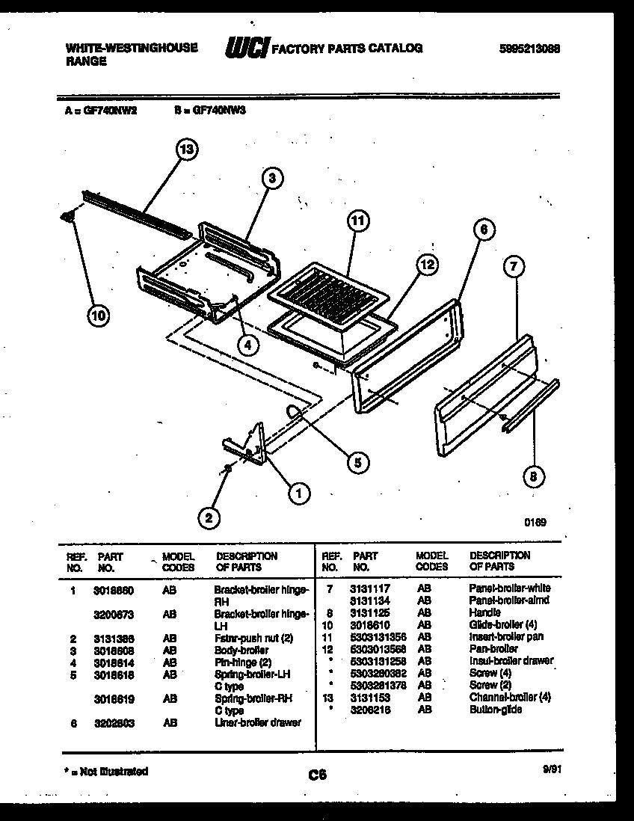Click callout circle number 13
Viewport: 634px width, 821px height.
(186, 149)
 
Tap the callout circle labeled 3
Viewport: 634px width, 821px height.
(272, 178)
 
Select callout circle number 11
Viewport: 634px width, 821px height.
(359, 221)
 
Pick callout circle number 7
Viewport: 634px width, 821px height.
(514, 265)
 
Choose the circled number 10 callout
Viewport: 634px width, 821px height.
(98, 316)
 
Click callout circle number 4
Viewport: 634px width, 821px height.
(249, 345)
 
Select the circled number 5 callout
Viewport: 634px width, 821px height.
(357, 463)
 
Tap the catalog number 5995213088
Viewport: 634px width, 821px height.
(529, 49)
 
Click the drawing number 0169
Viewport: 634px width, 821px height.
(535, 523)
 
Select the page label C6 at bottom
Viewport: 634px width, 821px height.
(317, 775)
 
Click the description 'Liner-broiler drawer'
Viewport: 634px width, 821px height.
(258, 722)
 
